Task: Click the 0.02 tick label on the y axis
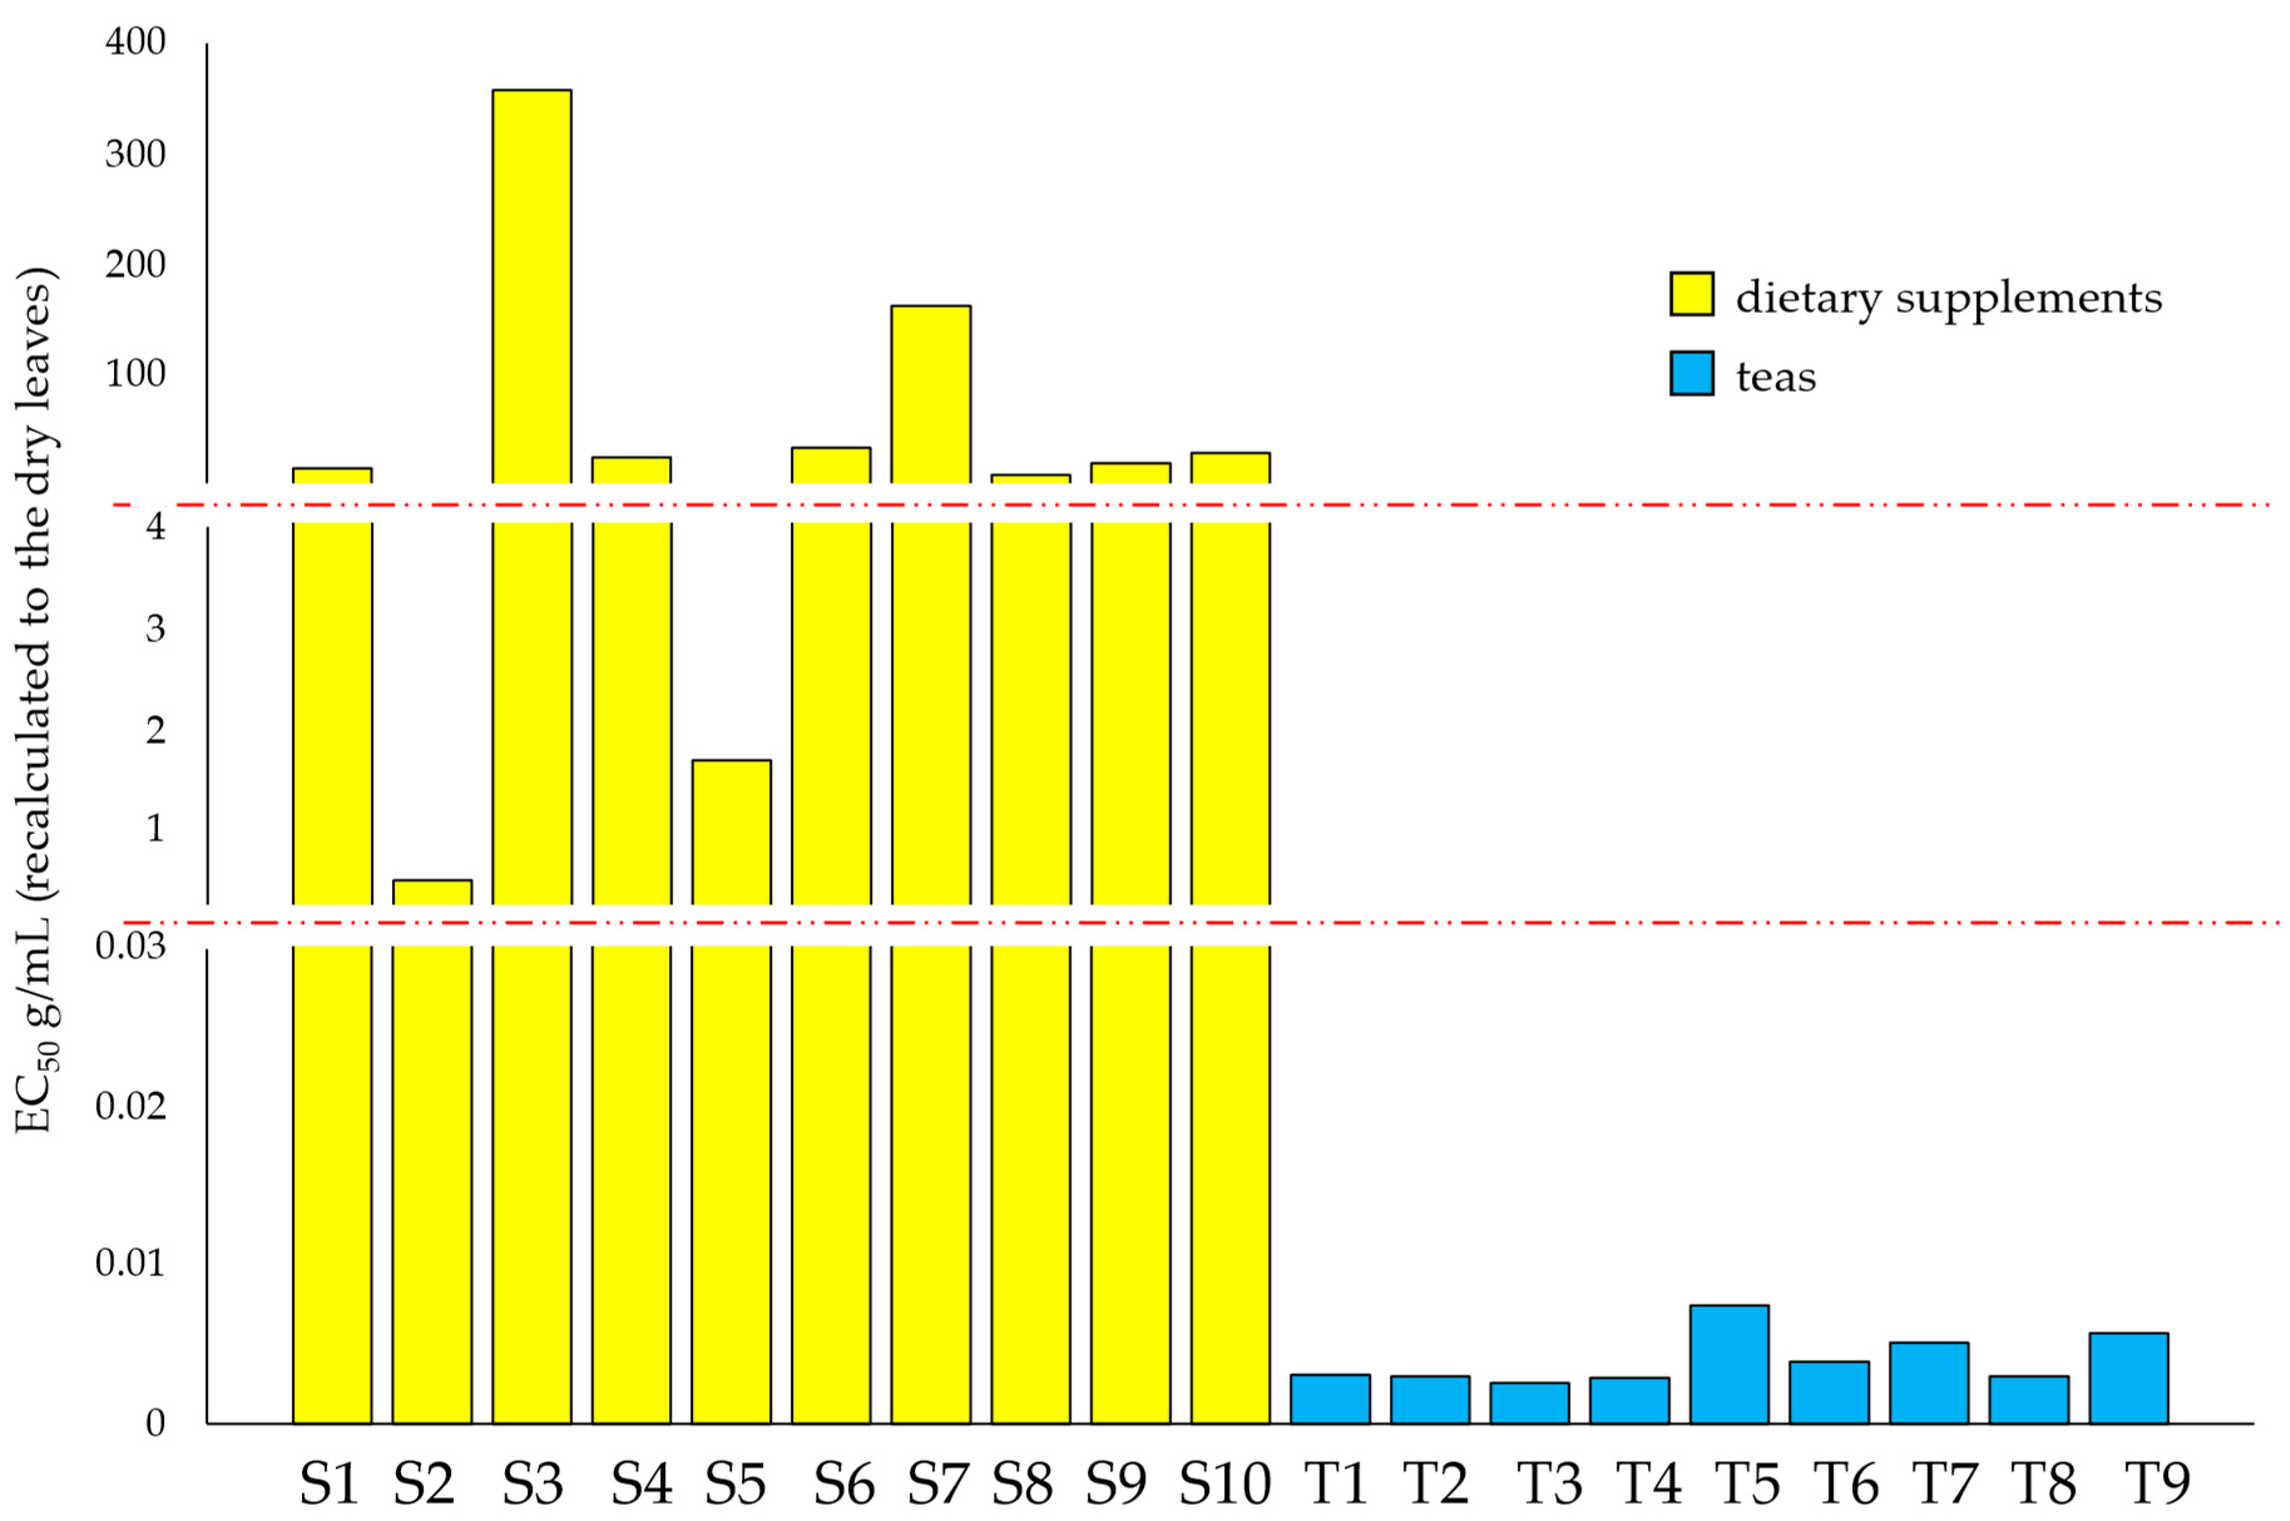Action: (130, 1106)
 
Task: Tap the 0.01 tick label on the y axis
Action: (130, 1263)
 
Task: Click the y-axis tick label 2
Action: (155, 730)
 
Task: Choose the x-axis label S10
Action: (1224, 1484)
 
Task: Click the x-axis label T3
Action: (1549, 1484)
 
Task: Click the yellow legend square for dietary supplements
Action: (1691, 294)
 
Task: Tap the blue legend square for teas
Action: (1691, 373)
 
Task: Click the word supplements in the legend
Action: (2028, 299)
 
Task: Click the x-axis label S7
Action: (937, 1484)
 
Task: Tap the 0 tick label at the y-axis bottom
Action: (155, 1423)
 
